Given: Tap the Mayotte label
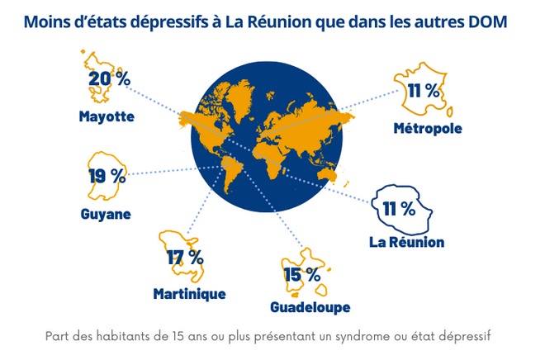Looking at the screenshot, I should (x=107, y=116).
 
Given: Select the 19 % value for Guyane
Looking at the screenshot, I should (x=107, y=175).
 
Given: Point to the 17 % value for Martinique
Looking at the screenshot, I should (x=184, y=257).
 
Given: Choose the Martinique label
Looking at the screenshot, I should (x=189, y=294).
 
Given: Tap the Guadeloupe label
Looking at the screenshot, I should (x=310, y=308).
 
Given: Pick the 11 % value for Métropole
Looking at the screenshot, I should (x=422, y=92).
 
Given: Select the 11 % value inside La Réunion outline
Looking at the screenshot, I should (x=399, y=208).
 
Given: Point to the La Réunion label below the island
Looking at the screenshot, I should (x=406, y=242).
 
